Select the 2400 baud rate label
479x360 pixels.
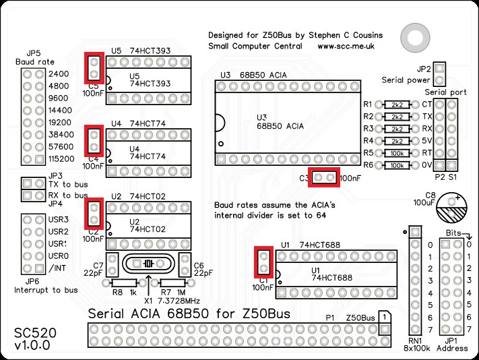[59, 73]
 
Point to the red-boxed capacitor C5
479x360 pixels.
[94, 67]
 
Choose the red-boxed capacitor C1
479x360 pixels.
[263, 263]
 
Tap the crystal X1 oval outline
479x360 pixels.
[149, 264]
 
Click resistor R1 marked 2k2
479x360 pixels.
[397, 104]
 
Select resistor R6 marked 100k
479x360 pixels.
[397, 165]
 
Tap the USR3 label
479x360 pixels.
[59, 220]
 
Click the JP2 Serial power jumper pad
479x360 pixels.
[439, 68]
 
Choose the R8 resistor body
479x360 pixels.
[124, 284]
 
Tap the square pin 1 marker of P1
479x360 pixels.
[382, 317]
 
